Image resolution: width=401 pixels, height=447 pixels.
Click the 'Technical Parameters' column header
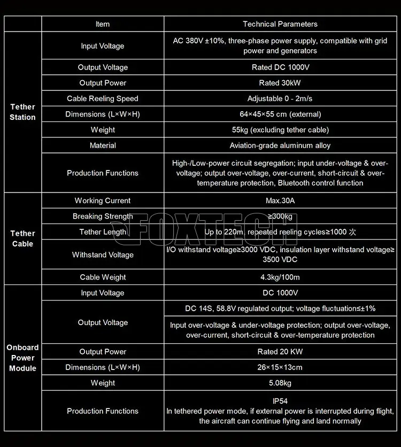280,24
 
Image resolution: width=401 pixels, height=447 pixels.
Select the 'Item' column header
103,24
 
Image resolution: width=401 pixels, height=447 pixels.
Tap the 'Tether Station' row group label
22,112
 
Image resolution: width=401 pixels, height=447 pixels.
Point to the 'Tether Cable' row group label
22,238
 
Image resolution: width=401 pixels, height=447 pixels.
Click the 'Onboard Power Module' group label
22,358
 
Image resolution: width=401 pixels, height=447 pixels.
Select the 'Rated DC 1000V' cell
280,67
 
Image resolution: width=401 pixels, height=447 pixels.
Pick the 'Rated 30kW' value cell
280,83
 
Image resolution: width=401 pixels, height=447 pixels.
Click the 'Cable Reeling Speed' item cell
103,98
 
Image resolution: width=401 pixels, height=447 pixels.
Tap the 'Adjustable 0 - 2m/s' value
280,98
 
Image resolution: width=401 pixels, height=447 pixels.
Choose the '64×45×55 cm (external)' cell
280,114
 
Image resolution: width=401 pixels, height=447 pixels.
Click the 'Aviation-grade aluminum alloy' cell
280,145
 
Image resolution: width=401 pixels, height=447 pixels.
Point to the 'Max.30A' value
280,201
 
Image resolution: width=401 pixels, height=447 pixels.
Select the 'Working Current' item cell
103,201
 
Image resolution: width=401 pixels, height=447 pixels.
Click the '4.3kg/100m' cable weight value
280,277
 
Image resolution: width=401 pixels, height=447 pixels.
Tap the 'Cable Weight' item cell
103,277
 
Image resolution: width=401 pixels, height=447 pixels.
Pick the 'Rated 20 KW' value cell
280,352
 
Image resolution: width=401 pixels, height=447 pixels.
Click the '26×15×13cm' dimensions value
280,367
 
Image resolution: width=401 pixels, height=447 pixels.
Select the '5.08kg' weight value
280,383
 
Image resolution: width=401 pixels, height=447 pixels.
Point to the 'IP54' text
280,400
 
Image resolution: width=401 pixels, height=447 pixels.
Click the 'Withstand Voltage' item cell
103,255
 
